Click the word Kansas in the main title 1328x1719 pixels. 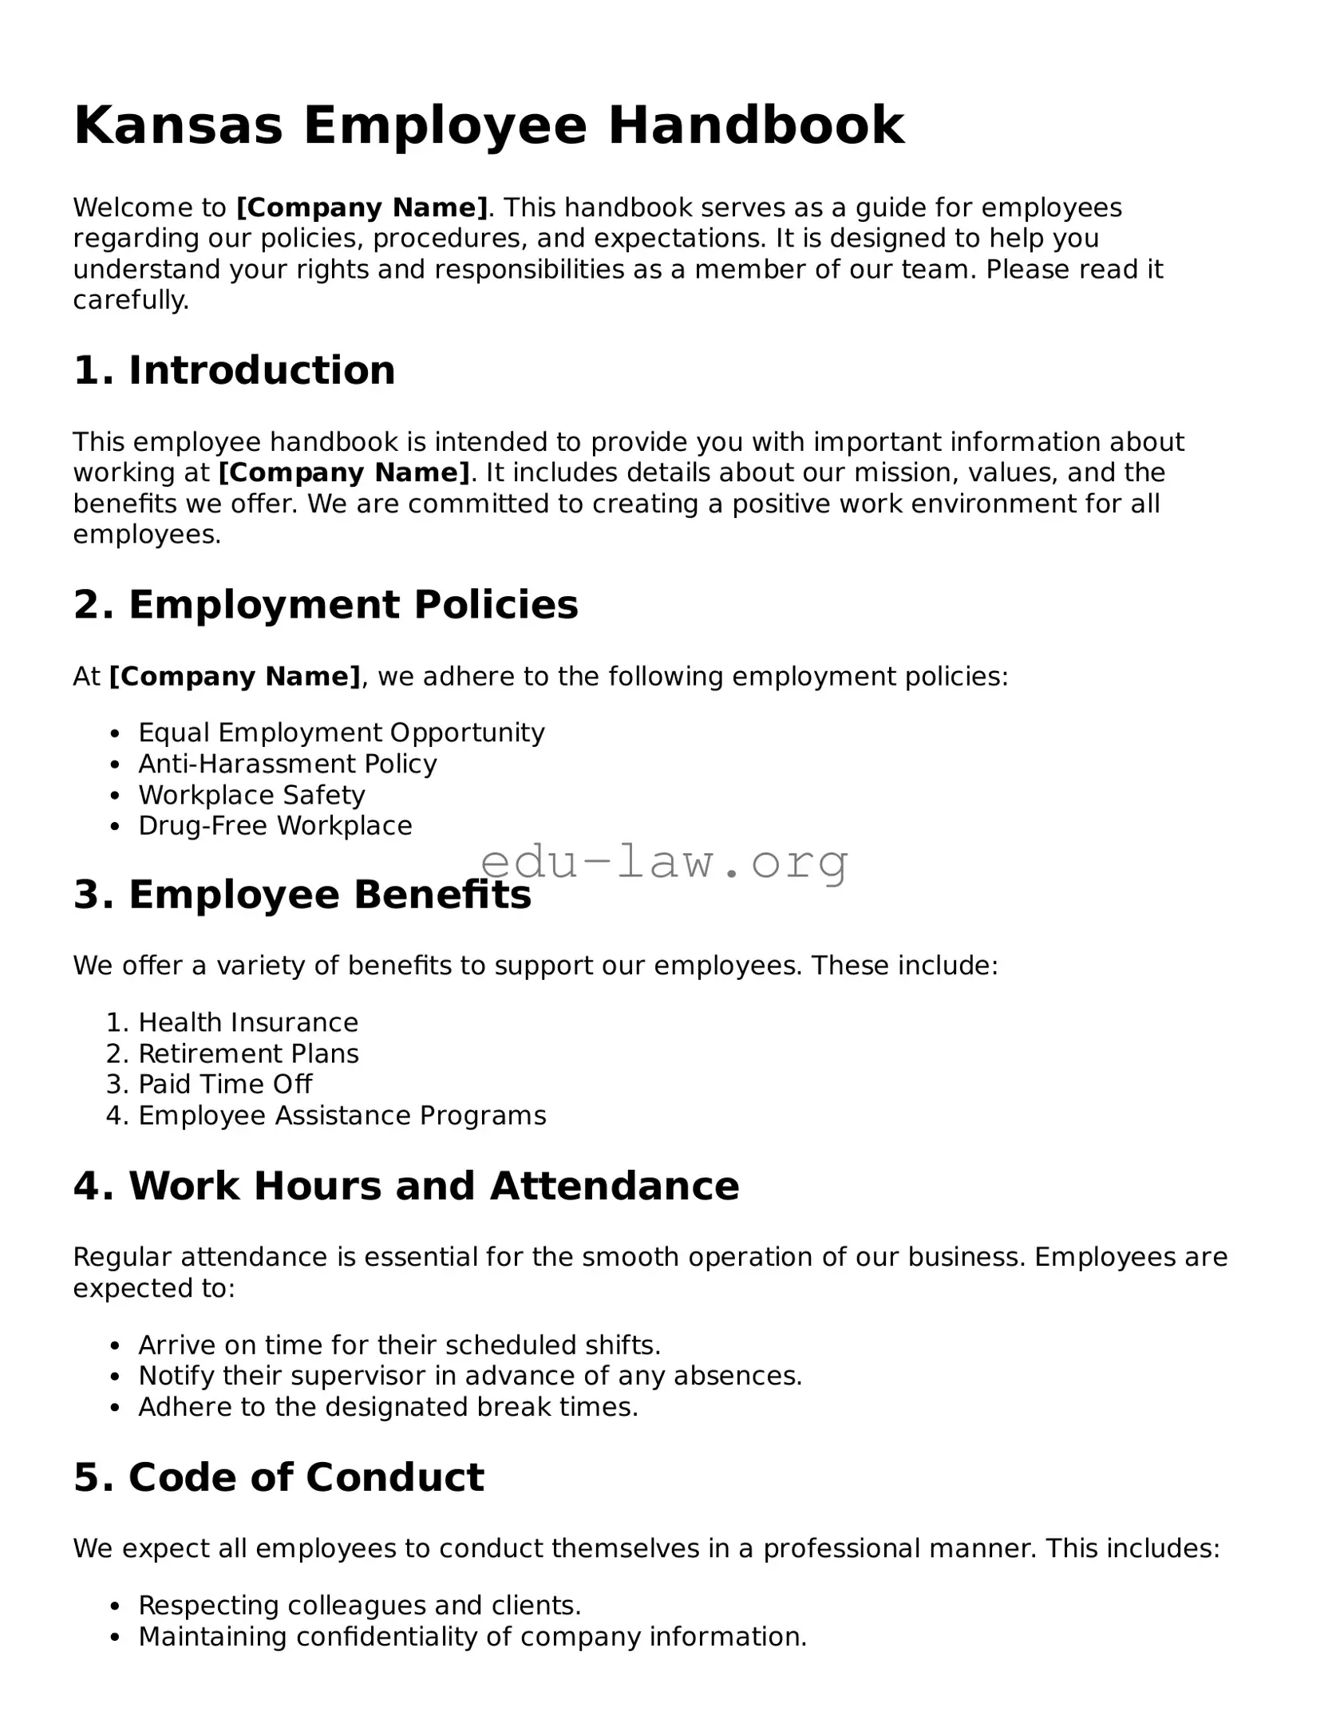178,126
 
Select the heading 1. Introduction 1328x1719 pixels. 234,370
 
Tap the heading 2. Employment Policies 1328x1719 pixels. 326,604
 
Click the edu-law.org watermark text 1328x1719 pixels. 664,862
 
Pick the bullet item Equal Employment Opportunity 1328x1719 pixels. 341,733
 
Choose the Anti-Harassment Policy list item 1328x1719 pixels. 287,764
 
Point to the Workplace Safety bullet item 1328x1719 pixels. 251,795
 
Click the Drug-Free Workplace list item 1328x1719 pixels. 275,825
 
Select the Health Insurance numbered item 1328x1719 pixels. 248,1022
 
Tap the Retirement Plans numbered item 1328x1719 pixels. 248,1053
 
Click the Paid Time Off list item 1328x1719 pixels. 225,1084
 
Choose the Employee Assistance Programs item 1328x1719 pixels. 342,1115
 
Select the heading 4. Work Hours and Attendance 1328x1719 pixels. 406,1186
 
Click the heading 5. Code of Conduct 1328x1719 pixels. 279,1477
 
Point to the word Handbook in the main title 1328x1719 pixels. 756,126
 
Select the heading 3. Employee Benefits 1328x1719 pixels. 302,895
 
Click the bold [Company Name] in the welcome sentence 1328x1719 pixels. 362,207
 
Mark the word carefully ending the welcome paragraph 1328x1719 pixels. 130,300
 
